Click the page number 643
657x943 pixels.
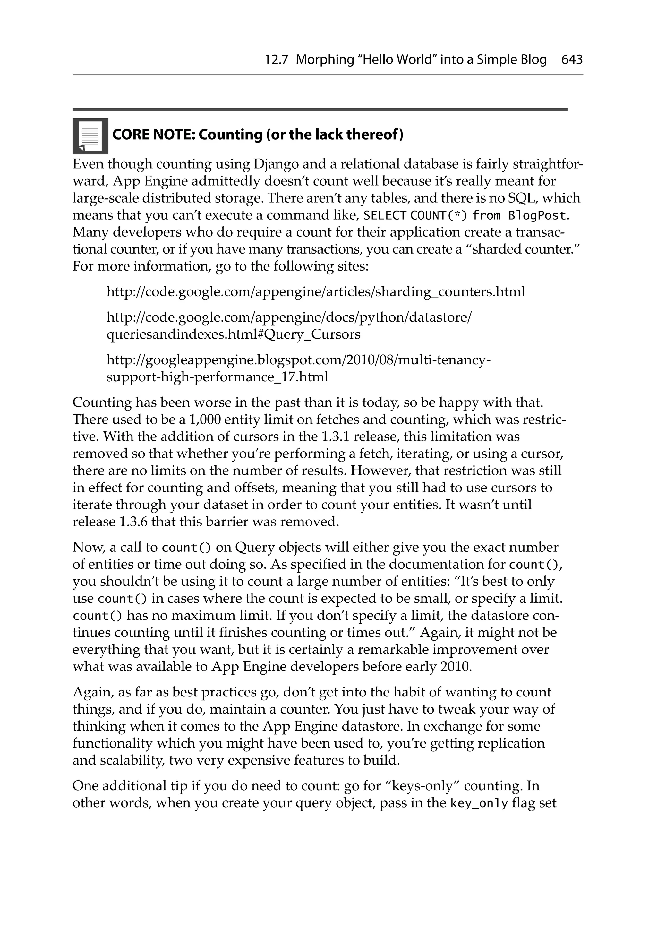point(572,60)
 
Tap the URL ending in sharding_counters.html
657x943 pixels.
point(315,292)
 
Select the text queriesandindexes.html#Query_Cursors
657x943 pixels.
point(233,335)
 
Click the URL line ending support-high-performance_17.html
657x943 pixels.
point(217,377)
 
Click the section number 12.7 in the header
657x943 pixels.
point(277,60)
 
